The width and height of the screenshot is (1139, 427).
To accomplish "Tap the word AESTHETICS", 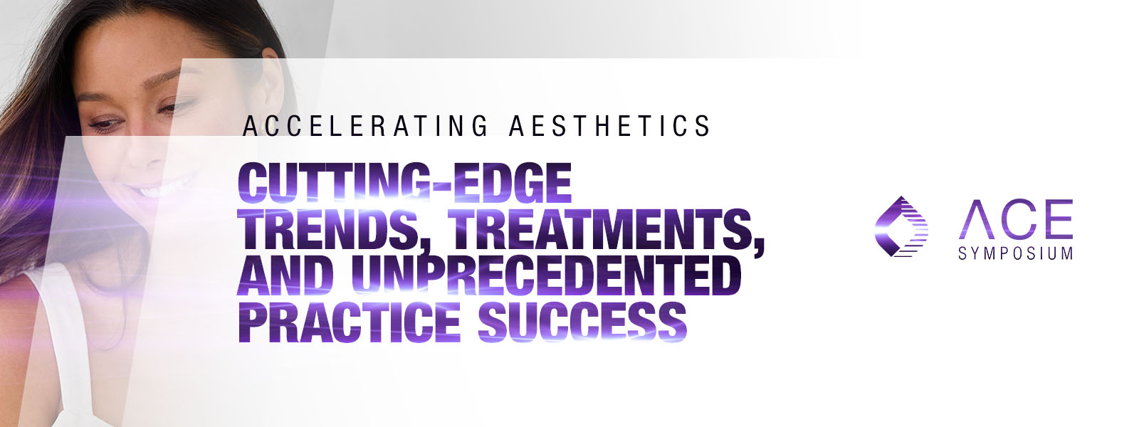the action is coord(609,126).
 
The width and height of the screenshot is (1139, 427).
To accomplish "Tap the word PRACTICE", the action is coord(350,322).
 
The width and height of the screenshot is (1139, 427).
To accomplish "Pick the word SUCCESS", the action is coord(582,322).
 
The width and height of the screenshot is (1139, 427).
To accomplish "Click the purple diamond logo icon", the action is coord(901,226).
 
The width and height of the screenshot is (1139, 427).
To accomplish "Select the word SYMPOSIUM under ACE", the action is coord(1015,253).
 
